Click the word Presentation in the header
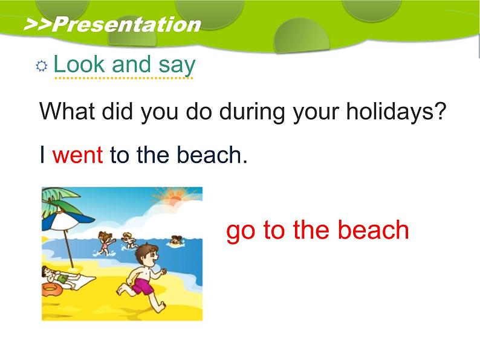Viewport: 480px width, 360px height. pyautogui.click(x=126, y=25)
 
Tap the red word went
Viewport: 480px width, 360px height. pyautogui.click(x=77, y=155)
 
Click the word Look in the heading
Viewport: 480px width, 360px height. pyautogui.click(x=79, y=64)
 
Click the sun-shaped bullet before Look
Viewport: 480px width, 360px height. pyautogui.click(x=41, y=66)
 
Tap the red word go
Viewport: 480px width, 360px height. pyautogui.click(x=241, y=231)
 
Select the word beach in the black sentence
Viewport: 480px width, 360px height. pyautogui.click(x=212, y=155)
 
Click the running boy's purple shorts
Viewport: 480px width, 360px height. pyautogui.click(x=143, y=286)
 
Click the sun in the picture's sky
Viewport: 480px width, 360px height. pyautogui.click(x=175, y=198)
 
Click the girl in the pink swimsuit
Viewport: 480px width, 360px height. pyautogui.click(x=105, y=243)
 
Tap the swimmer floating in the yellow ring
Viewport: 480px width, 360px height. pyautogui.click(x=177, y=240)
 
